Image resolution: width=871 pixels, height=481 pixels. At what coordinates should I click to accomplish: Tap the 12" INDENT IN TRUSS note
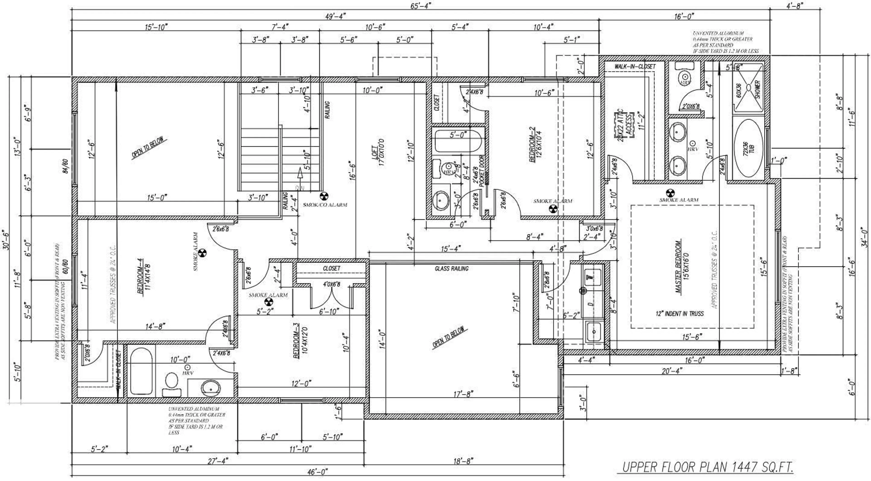click(x=680, y=313)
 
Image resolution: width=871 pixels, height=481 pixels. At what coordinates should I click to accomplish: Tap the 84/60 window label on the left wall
click(x=65, y=166)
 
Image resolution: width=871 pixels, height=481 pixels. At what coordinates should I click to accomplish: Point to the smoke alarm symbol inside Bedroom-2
click(x=553, y=210)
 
